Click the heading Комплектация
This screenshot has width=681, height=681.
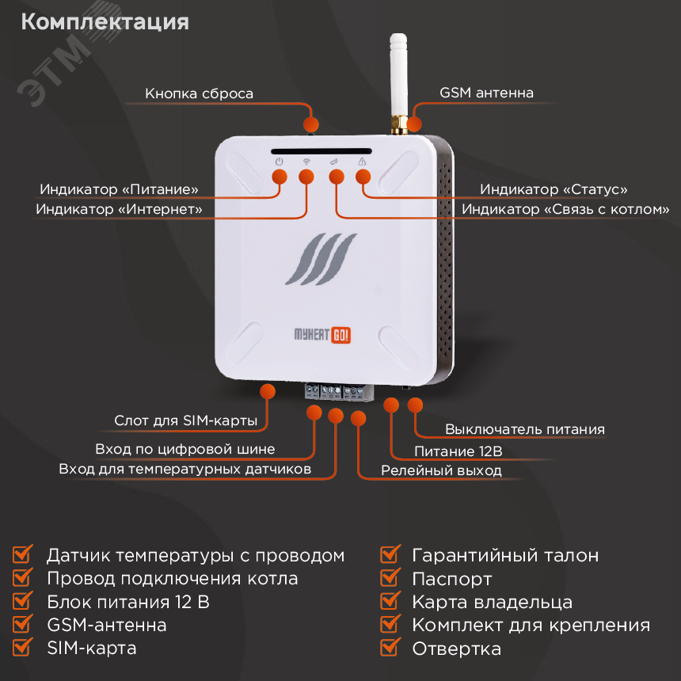pyautogui.click(x=105, y=21)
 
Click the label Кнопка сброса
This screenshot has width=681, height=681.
pyautogui.click(x=199, y=93)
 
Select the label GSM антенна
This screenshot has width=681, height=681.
pyautogui.click(x=486, y=93)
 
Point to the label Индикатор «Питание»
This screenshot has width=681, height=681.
pyautogui.click(x=119, y=190)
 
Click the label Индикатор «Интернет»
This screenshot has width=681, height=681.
pyautogui.click(x=119, y=210)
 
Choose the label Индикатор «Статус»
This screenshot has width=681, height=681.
pyautogui.click(x=554, y=190)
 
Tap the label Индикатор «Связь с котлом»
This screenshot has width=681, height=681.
pyautogui.click(x=565, y=210)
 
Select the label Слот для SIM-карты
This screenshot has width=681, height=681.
pyautogui.click(x=185, y=421)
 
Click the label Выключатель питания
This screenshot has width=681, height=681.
pyautogui.click(x=524, y=430)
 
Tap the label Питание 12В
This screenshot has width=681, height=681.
pyautogui.click(x=459, y=452)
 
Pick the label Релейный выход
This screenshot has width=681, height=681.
pyautogui.click(x=441, y=470)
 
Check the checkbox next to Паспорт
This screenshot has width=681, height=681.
pyautogui.click(x=390, y=578)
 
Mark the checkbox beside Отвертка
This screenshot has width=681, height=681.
pyautogui.click(x=390, y=648)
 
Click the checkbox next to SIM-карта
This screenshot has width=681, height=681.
pyautogui.click(x=24, y=647)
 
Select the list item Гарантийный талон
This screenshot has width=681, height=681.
pyautogui.click(x=504, y=555)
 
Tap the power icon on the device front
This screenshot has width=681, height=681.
pyautogui.click(x=278, y=162)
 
